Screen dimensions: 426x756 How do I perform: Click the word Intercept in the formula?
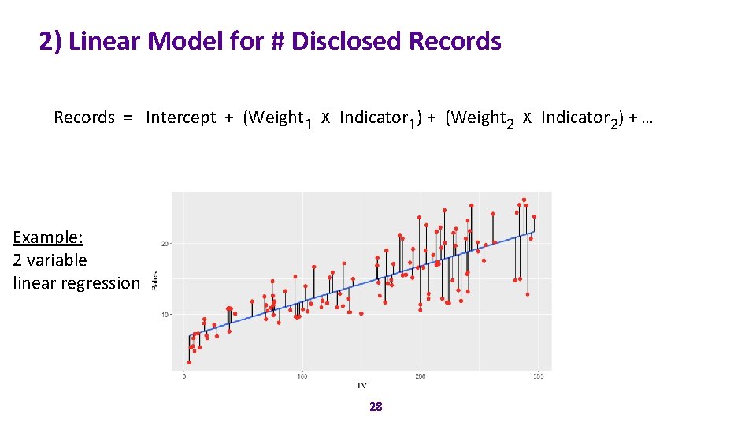[180, 118]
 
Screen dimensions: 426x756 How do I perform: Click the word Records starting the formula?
[84, 118]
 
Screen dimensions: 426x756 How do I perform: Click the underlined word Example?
[48, 237]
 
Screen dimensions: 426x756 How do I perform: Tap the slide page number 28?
[376, 407]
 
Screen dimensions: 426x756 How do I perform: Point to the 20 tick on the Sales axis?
[165, 243]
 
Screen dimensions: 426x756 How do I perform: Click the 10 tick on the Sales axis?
[165, 315]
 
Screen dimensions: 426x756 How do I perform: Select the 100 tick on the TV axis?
[302, 376]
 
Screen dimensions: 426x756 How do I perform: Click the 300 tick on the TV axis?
[538, 376]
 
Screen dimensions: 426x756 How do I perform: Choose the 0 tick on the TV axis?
[184, 376]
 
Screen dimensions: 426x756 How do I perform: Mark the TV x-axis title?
[361, 385]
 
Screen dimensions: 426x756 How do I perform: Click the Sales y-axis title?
[154, 279]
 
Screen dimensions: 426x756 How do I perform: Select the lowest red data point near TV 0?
[189, 362]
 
